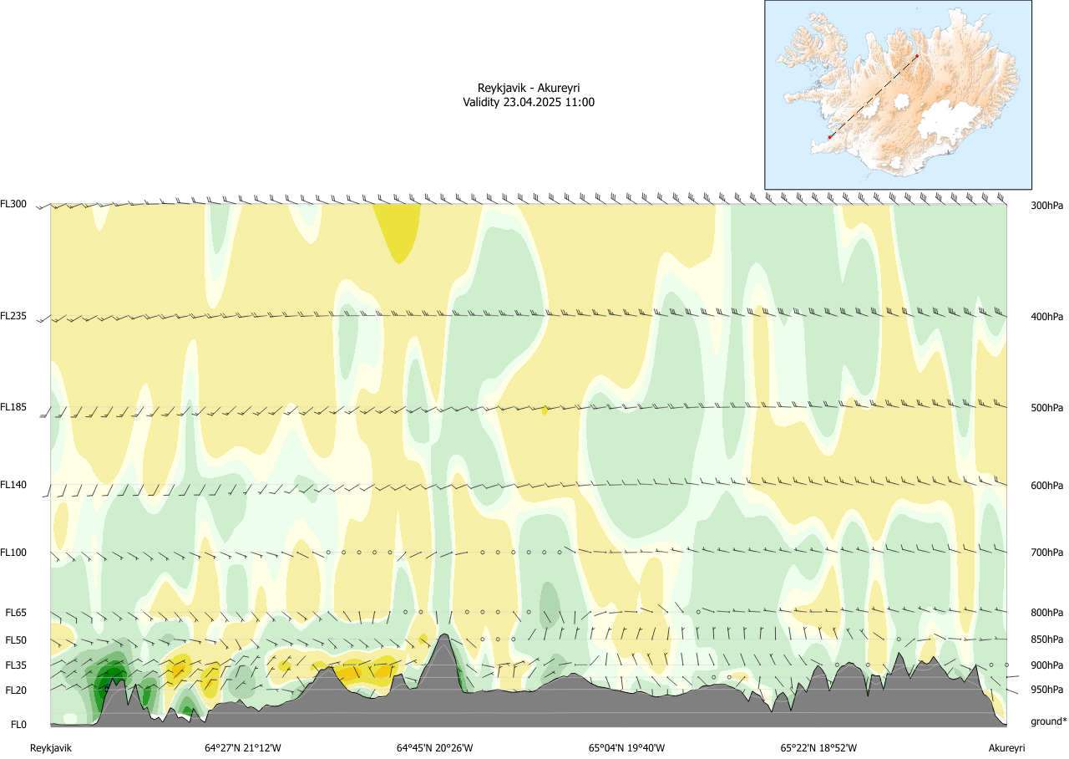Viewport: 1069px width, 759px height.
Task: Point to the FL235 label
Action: coord(13,316)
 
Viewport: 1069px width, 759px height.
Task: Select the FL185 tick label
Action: coord(13,407)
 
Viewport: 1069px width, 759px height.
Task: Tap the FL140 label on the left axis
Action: coord(13,485)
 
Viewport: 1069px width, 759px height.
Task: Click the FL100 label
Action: coord(13,552)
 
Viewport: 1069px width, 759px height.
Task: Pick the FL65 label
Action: coord(16,613)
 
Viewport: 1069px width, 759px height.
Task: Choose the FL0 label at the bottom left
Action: coord(18,724)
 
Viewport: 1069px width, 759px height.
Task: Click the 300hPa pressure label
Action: coord(1046,206)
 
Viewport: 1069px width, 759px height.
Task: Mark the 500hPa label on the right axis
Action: coord(1046,408)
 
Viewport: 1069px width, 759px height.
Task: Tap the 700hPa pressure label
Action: coord(1046,553)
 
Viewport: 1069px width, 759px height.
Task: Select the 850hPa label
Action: coord(1046,640)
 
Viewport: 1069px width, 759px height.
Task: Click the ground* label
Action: coord(1048,721)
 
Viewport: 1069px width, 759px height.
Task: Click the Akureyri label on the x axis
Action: coord(1006,748)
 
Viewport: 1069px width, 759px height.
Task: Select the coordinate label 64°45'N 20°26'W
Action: coord(434,748)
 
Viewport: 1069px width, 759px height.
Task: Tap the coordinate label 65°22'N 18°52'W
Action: coord(818,748)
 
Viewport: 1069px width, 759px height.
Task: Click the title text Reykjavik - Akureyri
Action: coord(529,88)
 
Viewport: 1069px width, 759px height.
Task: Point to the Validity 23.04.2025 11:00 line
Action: coord(529,102)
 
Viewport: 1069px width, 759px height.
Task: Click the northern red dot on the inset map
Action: coord(917,56)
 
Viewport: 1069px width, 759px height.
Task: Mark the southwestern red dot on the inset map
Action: coord(829,137)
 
